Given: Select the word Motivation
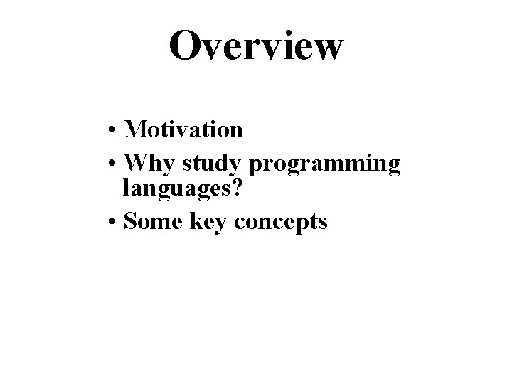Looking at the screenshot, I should click(183, 129).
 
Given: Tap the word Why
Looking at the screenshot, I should click(149, 164).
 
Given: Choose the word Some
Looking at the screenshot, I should click(149, 221).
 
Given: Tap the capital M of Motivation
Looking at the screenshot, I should click(134, 129).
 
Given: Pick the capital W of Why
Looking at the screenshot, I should click(135, 164).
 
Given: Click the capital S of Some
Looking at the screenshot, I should click(130, 221).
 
